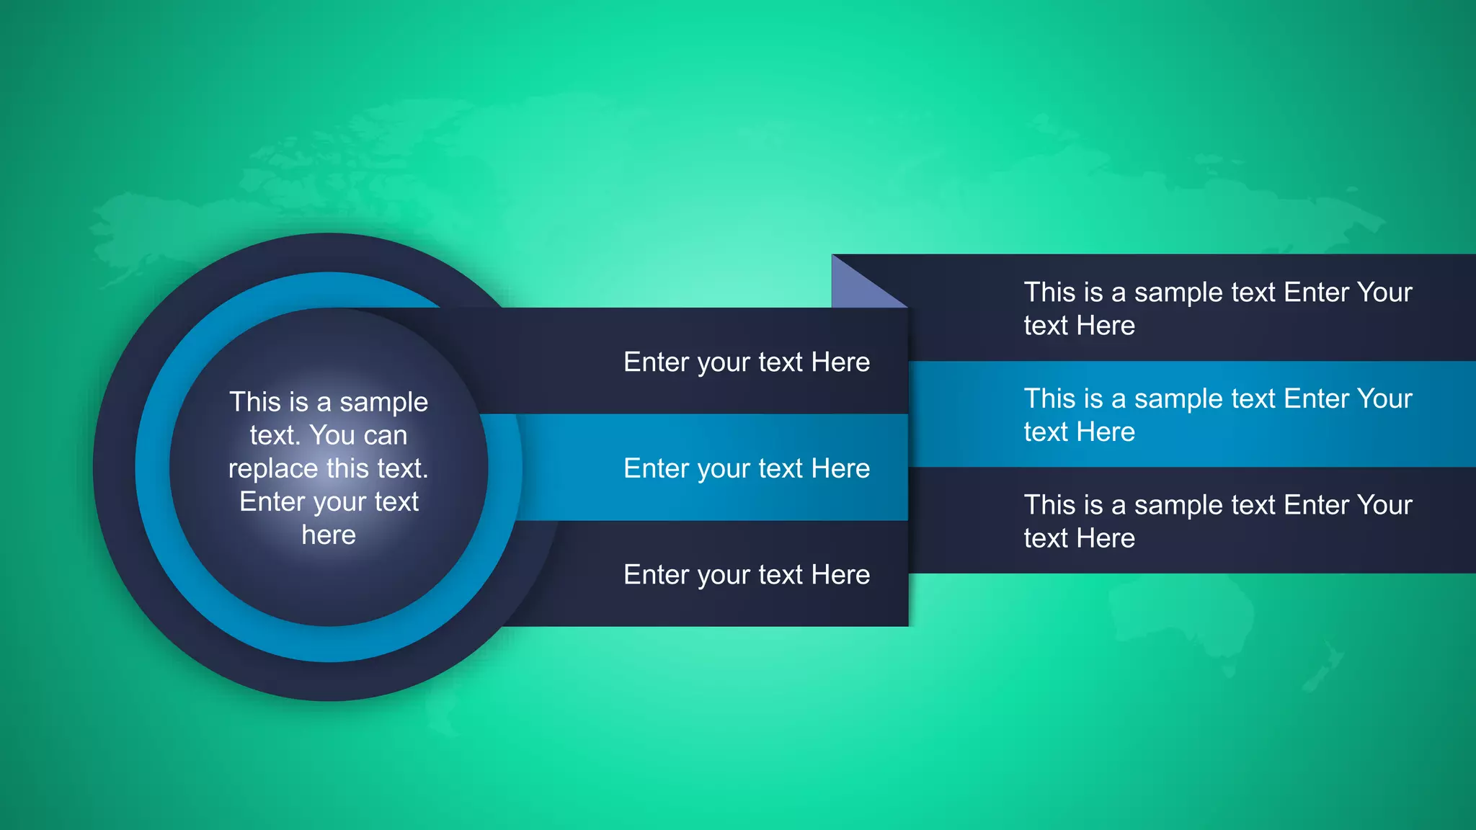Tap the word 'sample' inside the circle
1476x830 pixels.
coord(383,402)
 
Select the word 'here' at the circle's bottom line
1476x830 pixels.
coord(329,535)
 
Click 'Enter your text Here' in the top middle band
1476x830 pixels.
coord(747,362)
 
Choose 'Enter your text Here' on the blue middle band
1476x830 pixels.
coord(747,469)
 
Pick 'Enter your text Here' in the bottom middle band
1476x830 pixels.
coord(747,575)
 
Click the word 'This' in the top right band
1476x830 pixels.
coord(1049,293)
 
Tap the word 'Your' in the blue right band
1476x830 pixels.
coord(1384,398)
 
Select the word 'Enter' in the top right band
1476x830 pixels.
coord(1316,293)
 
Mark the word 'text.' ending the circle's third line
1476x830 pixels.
coord(398,468)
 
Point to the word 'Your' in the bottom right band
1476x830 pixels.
coord(1384,505)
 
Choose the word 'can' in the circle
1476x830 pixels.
coord(385,436)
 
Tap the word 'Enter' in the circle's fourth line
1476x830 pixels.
coord(266,501)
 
